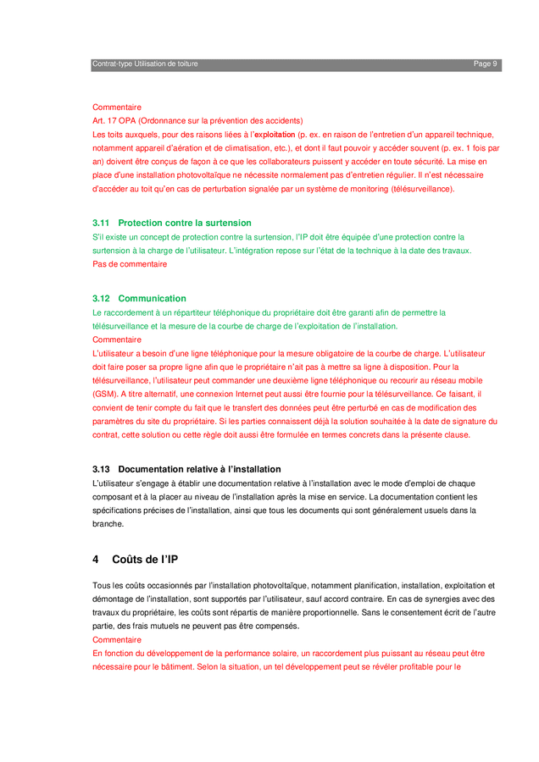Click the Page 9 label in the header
pyautogui.click(x=485, y=64)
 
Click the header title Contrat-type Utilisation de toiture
pyautogui.click(x=145, y=64)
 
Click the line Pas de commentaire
pyautogui.click(x=130, y=264)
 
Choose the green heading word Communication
pyautogui.click(x=152, y=299)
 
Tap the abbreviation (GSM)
pyautogui.click(x=105, y=395)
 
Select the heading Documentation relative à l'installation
pyautogui.click(x=199, y=469)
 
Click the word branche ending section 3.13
pyautogui.click(x=108, y=524)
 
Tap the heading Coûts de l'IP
pyautogui.click(x=145, y=560)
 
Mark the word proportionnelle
pyautogui.click(x=358, y=612)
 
